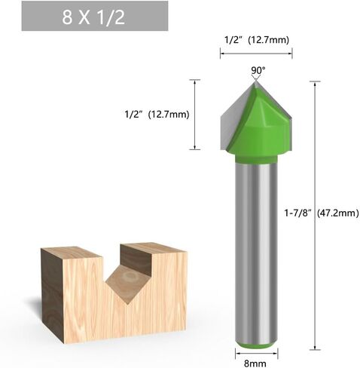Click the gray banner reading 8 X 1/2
coord(95,16)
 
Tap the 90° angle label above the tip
coord(258,71)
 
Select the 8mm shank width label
coord(255,363)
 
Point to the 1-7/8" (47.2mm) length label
coord(322,213)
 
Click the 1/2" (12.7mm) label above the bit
coord(256,40)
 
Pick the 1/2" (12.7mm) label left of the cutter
coord(157,115)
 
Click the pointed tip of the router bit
coord(255,81)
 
